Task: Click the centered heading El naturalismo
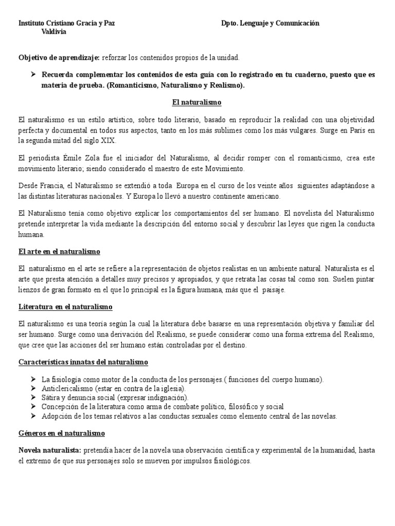[x=197, y=102]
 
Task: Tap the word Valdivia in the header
[x=53, y=32]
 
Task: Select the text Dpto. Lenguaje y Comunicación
[x=270, y=23]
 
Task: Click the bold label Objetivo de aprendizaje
[x=59, y=58]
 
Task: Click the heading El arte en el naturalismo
[x=59, y=252]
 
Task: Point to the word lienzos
[x=29, y=290]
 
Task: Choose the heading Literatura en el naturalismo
[x=65, y=307]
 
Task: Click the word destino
[x=234, y=345]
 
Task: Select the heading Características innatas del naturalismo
[x=83, y=362]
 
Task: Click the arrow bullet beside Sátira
[x=34, y=398]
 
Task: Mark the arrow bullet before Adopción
[x=34, y=416]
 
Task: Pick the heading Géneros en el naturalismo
[x=61, y=433]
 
